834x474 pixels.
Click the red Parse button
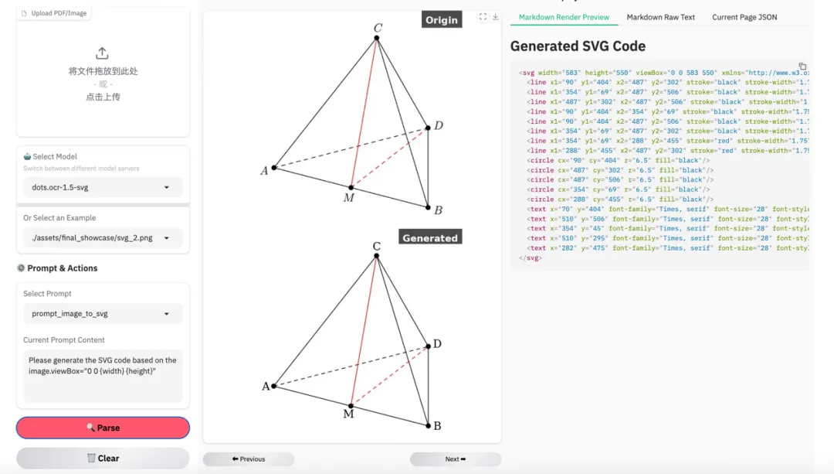click(x=103, y=428)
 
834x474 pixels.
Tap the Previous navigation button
click(x=248, y=459)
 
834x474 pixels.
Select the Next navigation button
click(x=455, y=459)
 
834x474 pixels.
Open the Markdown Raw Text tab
click(x=660, y=17)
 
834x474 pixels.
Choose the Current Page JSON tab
click(x=744, y=17)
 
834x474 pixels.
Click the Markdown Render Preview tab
click(x=564, y=17)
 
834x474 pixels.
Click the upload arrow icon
click(x=102, y=53)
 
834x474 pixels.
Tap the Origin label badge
click(x=442, y=19)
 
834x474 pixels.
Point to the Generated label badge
click(x=430, y=237)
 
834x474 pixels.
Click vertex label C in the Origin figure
click(x=378, y=29)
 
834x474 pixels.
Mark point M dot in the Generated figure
click(x=351, y=405)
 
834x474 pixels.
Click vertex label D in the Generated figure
click(x=437, y=343)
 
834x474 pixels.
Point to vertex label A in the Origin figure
click(x=264, y=170)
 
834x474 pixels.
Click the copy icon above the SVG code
click(x=802, y=66)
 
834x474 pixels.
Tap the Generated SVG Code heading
click(x=578, y=46)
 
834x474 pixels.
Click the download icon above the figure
click(x=495, y=17)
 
